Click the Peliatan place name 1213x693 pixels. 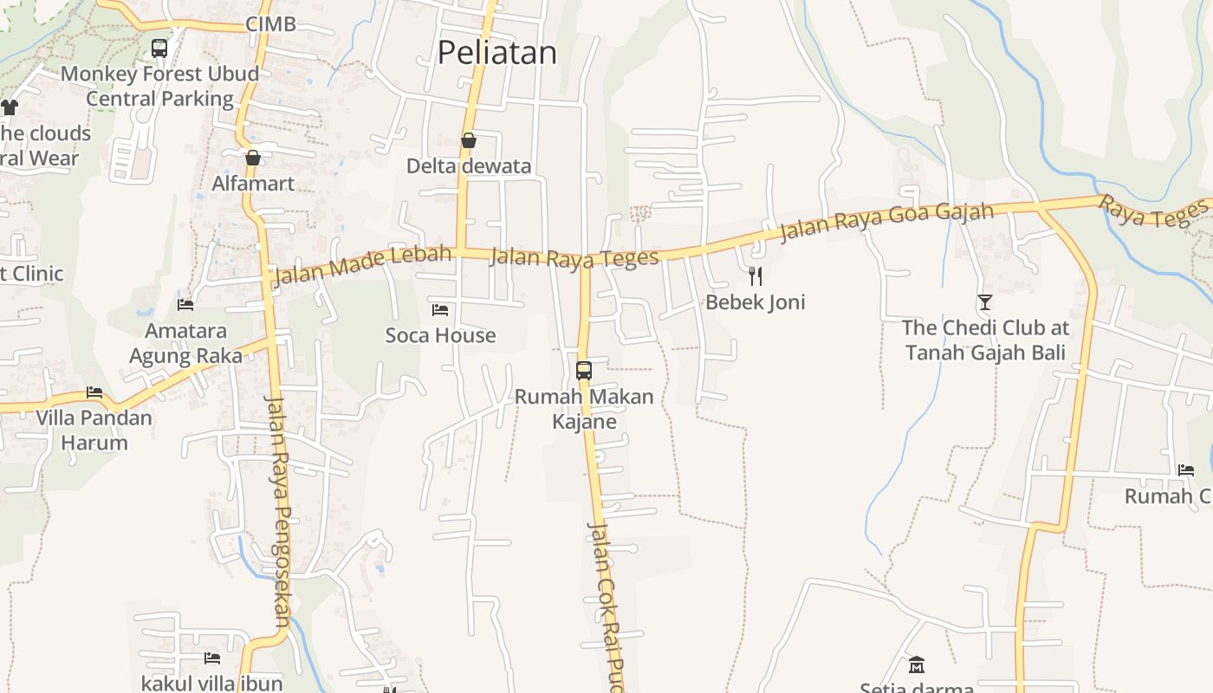click(496, 53)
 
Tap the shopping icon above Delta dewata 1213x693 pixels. click(469, 140)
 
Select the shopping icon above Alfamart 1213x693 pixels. click(253, 158)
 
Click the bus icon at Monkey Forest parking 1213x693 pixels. click(159, 49)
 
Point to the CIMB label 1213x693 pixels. click(270, 24)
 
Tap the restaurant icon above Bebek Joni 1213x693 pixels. click(756, 276)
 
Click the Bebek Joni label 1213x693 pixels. click(755, 302)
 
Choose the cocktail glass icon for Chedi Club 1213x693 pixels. click(985, 302)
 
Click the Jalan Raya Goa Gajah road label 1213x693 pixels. click(886, 221)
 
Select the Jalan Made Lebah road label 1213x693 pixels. click(362, 265)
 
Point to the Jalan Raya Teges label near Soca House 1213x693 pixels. click(574, 257)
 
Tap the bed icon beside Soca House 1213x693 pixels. click(440, 309)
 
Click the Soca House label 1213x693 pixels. click(440, 335)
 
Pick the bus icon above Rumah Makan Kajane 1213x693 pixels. click(584, 371)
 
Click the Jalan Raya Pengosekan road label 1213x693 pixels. click(277, 511)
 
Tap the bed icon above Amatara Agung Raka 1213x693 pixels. click(185, 305)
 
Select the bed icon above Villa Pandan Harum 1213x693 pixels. click(94, 392)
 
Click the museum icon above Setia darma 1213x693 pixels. click(917, 665)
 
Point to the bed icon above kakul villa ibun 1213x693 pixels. click(212, 658)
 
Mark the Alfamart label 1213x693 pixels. click(253, 184)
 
